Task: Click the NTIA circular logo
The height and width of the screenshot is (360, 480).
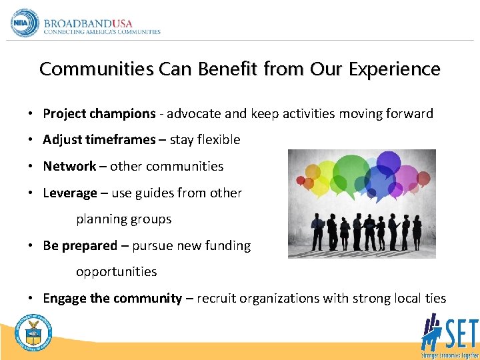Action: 25,23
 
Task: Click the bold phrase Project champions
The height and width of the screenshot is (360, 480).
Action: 99,113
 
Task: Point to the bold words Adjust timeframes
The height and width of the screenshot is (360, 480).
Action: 99,140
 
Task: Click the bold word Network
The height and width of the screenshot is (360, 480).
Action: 69,166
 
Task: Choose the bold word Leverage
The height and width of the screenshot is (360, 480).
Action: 70,193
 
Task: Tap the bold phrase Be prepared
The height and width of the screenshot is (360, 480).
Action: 80,245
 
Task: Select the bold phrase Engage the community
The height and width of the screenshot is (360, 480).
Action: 112,298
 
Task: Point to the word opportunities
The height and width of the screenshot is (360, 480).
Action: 116,271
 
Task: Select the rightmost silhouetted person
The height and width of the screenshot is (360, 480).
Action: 417,230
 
